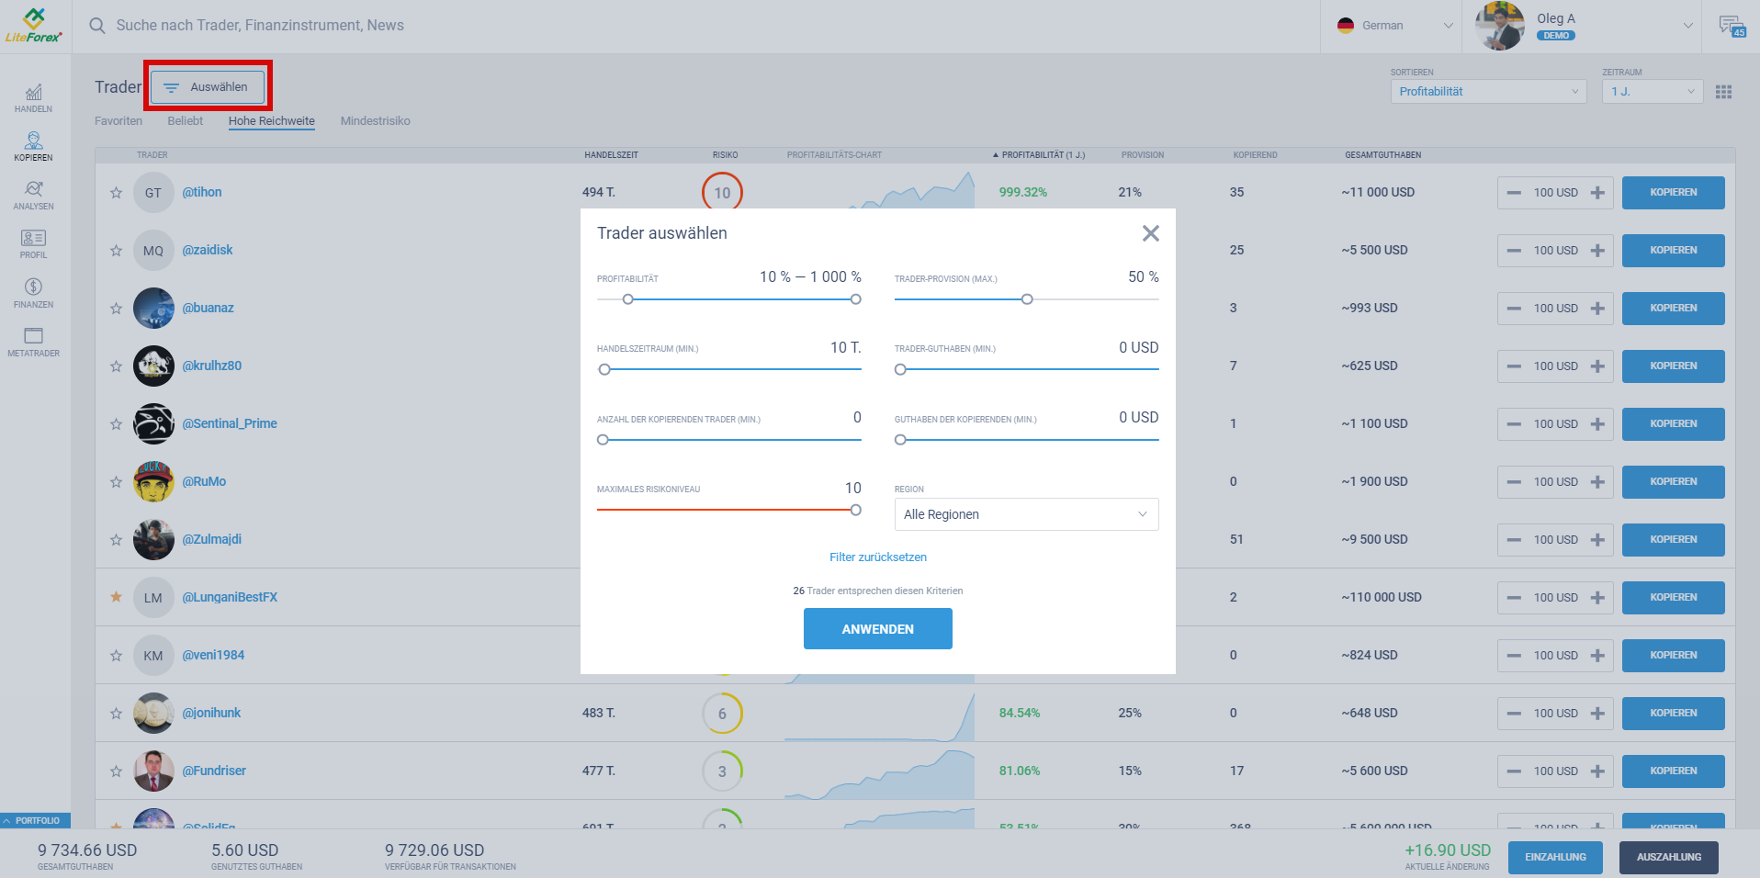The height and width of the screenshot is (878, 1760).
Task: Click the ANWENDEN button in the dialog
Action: click(x=877, y=629)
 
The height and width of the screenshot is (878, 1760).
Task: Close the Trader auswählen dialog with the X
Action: click(x=1150, y=233)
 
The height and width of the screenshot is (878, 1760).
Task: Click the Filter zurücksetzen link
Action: click(x=877, y=557)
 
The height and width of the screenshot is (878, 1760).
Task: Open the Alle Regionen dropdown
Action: click(x=1026, y=514)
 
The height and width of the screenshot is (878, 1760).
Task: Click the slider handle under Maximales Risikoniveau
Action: click(x=855, y=510)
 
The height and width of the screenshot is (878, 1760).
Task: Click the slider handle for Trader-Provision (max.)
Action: click(x=1027, y=299)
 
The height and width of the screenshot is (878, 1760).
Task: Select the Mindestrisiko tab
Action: click(x=375, y=121)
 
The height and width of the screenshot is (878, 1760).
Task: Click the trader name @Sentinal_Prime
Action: click(x=230, y=423)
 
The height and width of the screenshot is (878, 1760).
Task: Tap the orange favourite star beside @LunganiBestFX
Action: click(x=116, y=597)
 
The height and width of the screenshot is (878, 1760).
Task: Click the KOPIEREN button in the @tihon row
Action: click(x=1673, y=193)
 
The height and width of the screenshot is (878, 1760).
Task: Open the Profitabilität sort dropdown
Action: click(x=1487, y=92)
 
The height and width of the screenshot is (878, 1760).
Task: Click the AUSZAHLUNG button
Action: click(x=1668, y=857)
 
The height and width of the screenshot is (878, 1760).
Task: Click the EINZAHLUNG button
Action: click(x=1555, y=857)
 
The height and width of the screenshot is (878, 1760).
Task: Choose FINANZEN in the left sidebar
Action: click(x=33, y=293)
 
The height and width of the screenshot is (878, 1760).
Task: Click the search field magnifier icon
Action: click(x=97, y=26)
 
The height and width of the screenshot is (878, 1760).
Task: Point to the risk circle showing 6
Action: click(x=722, y=714)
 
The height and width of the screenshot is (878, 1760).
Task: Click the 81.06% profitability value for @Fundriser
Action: click(x=1020, y=771)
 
